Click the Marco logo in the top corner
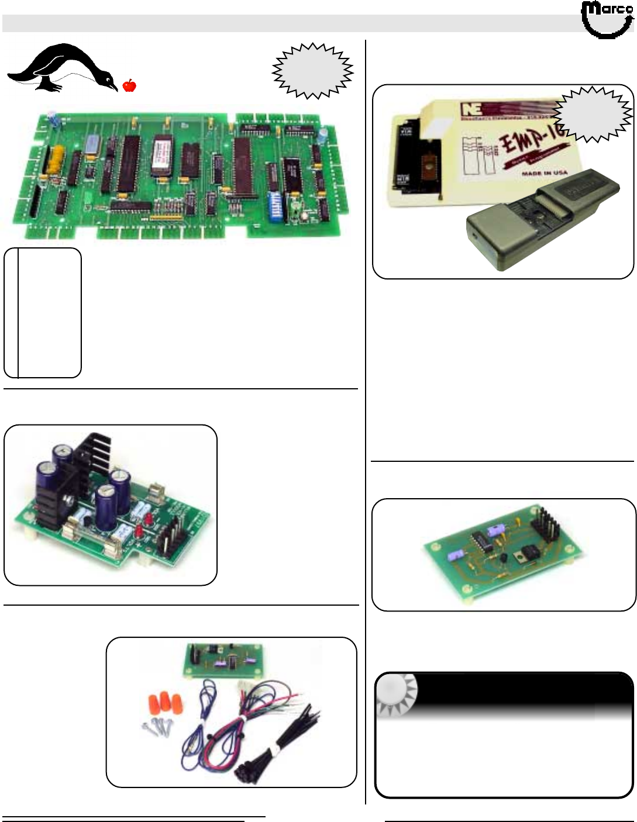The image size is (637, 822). (x=607, y=19)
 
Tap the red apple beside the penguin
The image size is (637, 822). (x=129, y=85)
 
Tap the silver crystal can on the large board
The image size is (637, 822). (x=92, y=144)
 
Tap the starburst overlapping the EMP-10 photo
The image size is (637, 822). (x=593, y=114)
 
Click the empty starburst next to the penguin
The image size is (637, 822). (x=313, y=70)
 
